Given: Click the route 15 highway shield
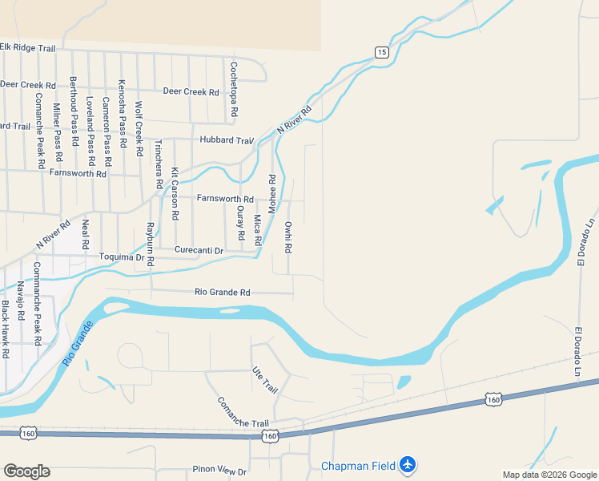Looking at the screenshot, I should click(x=381, y=52).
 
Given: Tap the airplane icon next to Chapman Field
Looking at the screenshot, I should click(x=408, y=464).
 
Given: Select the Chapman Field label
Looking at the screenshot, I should click(x=359, y=466).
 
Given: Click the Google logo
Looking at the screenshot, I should click(x=26, y=471).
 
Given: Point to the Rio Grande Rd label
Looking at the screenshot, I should click(x=223, y=293).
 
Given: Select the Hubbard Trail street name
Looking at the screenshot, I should click(x=227, y=140).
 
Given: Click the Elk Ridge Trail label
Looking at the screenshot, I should click(x=28, y=48).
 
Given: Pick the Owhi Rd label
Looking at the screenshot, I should click(x=288, y=236).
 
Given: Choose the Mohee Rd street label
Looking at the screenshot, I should click(x=271, y=193).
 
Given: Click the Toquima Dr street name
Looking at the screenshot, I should click(x=127, y=257).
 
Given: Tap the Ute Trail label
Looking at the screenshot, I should click(x=265, y=379).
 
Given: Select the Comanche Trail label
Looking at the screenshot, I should click(x=243, y=412).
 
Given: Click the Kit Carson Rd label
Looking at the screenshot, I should click(x=175, y=193).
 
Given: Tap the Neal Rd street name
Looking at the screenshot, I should click(x=85, y=232).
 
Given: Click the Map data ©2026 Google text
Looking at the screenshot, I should click(x=549, y=475).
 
